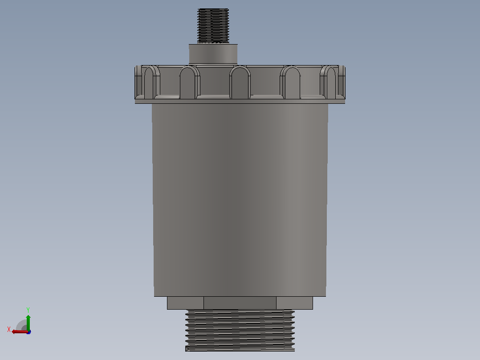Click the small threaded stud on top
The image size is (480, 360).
(213, 26)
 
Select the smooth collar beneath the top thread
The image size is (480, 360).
(213, 54)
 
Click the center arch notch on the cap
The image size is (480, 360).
(240, 83)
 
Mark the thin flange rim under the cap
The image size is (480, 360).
(240, 102)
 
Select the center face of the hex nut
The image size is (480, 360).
(240, 303)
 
